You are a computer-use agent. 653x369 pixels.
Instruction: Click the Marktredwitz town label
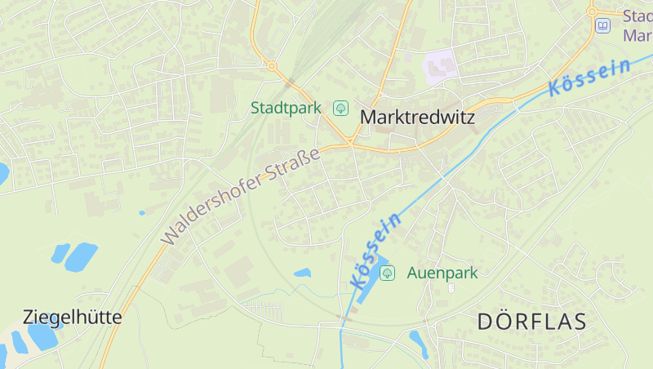point(417,118)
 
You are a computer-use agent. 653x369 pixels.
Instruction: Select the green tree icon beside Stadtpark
point(341,108)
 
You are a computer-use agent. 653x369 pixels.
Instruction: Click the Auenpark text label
point(442,273)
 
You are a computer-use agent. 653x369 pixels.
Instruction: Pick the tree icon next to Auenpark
point(388,273)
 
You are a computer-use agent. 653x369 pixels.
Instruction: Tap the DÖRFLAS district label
point(531,321)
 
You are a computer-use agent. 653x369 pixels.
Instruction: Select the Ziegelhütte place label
point(73,317)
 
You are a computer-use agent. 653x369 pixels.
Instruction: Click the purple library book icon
point(602,26)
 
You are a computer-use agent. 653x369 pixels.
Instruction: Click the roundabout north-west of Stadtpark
point(272,66)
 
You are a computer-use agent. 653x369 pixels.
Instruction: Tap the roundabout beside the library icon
point(593,11)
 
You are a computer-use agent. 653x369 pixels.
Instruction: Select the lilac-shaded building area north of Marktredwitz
point(439,65)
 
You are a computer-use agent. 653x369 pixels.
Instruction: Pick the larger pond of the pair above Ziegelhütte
point(81,256)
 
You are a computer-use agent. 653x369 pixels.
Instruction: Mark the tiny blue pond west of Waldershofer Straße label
point(142,213)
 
